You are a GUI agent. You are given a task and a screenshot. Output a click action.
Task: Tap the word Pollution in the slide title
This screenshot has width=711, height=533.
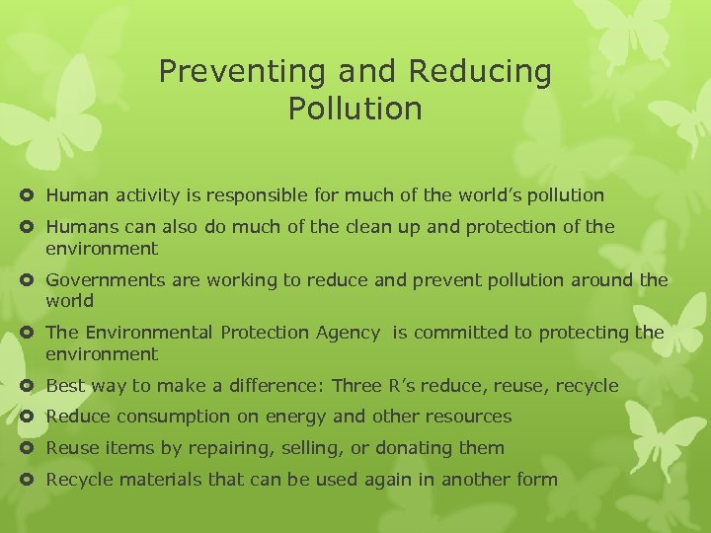pos(355,109)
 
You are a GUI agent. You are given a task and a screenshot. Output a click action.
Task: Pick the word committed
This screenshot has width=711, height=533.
pos(462,333)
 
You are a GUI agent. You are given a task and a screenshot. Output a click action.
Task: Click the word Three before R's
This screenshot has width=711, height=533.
pos(361,385)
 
